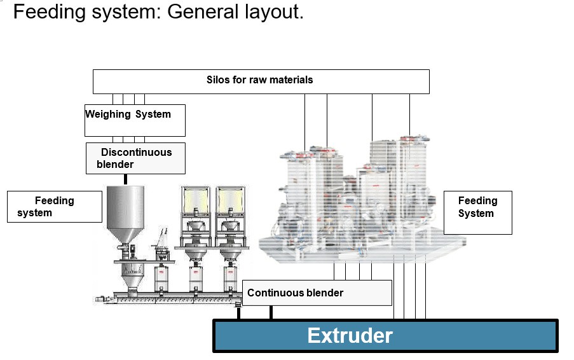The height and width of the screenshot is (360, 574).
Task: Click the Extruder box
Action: pyautogui.click(x=385, y=335)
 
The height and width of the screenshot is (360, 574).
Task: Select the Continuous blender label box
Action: pyautogui.click(x=317, y=293)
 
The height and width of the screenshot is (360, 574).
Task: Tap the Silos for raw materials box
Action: pyautogui.click(x=261, y=81)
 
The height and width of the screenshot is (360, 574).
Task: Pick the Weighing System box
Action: pyautogui.click(x=135, y=120)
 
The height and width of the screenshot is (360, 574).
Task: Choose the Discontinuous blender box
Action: pyautogui.click(x=135, y=158)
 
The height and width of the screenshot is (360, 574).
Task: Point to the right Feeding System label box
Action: pyautogui.click(x=477, y=207)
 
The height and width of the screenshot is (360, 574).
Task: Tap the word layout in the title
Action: pyautogui.click(x=273, y=12)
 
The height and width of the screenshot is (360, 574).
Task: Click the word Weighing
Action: pyautogui.click(x=108, y=114)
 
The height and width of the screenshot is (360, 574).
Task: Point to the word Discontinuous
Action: pyautogui.click(x=136, y=153)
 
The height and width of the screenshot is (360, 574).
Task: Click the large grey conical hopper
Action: pyautogui.click(x=126, y=213)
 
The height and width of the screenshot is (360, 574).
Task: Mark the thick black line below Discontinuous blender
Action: pyautogui.click(x=125, y=179)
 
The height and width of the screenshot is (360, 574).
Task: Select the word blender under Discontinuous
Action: pyautogui.click(x=115, y=165)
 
